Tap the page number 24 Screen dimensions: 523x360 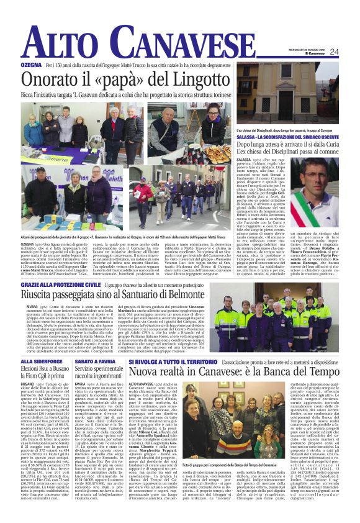(x=351, y=52)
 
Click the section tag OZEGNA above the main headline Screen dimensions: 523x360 (x=30, y=65)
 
